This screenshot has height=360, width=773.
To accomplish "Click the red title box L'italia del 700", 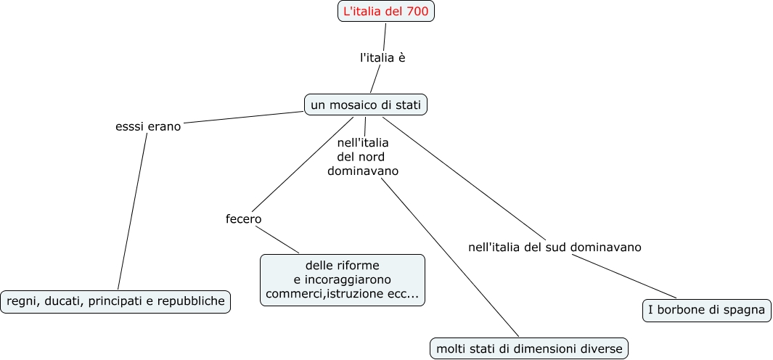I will pyautogui.click(x=385, y=12).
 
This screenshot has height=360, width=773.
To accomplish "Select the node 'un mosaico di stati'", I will pyautogui.click(x=365, y=105).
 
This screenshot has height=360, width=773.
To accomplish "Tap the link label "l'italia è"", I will pyautogui.click(x=383, y=57).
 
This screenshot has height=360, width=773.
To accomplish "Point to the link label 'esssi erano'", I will pyautogui.click(x=148, y=126).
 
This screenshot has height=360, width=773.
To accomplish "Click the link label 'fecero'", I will pyautogui.click(x=243, y=218).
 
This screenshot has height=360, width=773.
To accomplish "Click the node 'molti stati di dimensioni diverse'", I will pyautogui.click(x=529, y=348).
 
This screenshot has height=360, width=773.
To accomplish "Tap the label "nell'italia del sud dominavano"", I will pyautogui.click(x=555, y=247).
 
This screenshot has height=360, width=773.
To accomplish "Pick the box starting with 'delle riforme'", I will pyautogui.click(x=342, y=279).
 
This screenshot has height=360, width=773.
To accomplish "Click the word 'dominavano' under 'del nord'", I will pyautogui.click(x=363, y=171).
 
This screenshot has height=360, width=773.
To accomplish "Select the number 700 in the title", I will pyautogui.click(x=417, y=12).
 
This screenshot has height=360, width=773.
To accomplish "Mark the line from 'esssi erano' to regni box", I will pyautogui.click(x=132, y=210).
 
